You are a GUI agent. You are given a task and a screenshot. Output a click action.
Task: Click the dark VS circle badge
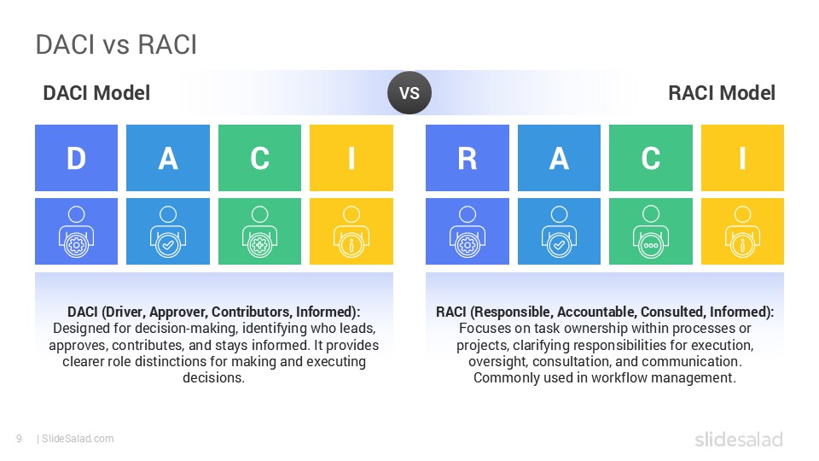(409, 93)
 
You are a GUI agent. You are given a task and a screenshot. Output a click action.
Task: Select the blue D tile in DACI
(76, 158)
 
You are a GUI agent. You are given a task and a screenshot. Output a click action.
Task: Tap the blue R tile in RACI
(467, 158)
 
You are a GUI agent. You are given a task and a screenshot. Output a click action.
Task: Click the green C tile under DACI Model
(259, 158)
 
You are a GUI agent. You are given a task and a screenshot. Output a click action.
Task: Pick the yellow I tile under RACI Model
(741, 158)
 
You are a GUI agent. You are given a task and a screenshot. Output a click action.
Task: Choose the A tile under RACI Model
(559, 158)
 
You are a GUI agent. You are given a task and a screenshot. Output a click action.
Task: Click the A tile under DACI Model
(168, 158)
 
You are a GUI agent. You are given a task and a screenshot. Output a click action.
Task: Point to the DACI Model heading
(96, 93)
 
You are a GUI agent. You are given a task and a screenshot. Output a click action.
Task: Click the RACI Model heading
(721, 93)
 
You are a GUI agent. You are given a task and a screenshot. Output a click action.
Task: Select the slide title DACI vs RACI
(116, 45)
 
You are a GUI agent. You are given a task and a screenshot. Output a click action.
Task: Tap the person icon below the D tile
(76, 231)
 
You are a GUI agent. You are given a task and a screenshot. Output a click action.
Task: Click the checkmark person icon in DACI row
(168, 231)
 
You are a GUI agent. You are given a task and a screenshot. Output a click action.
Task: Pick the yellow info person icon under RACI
(741, 231)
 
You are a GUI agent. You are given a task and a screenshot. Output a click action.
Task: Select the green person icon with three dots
(650, 231)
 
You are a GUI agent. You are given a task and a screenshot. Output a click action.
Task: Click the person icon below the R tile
(467, 231)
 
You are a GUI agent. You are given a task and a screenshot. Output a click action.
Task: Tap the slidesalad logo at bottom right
(738, 440)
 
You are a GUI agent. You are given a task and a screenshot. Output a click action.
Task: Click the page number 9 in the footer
(19, 439)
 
